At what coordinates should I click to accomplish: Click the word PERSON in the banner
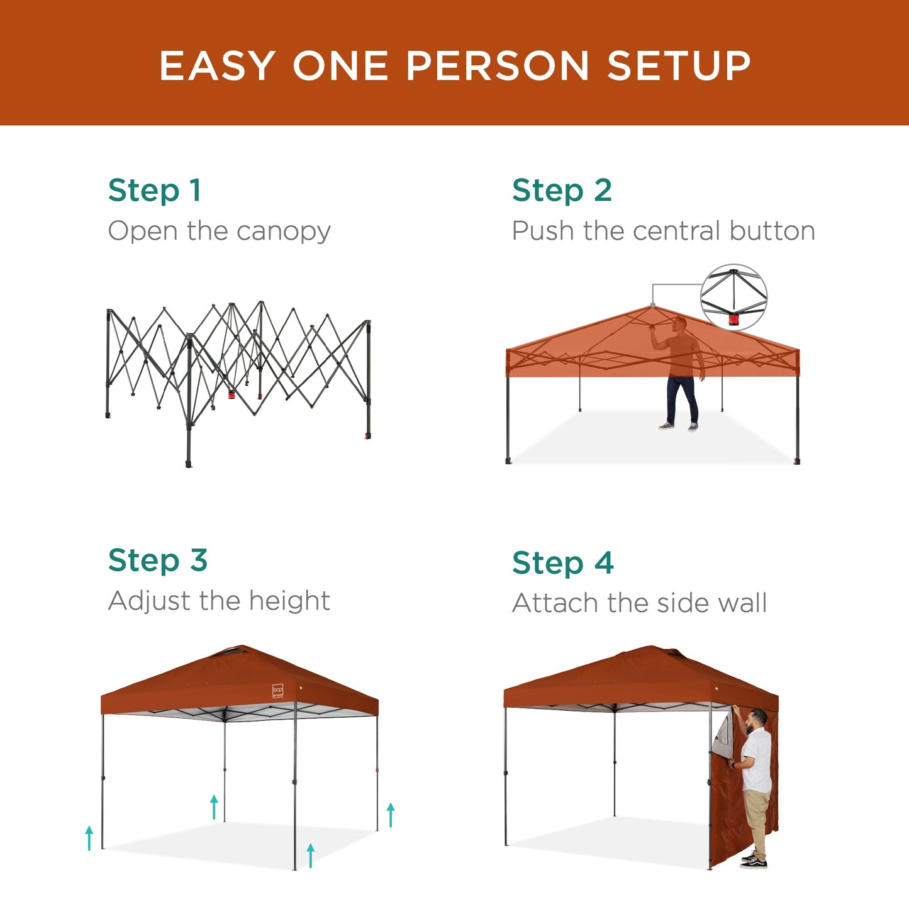coord(497,66)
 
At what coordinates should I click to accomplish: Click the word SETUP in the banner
coord(679,66)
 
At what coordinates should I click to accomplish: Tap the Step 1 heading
coord(154,191)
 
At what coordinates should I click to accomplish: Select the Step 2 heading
coord(562,191)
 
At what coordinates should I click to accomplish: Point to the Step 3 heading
coord(157,560)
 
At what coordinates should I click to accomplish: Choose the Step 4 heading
coord(562,563)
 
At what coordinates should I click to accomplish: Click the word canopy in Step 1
coord(284,232)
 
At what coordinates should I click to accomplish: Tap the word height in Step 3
coord(289,601)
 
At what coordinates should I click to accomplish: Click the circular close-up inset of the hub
coord(733,298)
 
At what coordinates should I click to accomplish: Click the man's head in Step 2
coord(679,325)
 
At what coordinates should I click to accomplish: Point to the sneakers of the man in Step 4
coord(754,860)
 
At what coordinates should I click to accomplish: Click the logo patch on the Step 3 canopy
coord(278,691)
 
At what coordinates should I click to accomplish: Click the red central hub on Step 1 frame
coord(231,396)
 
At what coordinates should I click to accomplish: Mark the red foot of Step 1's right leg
coord(367,435)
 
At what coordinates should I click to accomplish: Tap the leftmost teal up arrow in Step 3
coord(89,838)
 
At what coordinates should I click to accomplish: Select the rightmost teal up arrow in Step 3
coord(391,815)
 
